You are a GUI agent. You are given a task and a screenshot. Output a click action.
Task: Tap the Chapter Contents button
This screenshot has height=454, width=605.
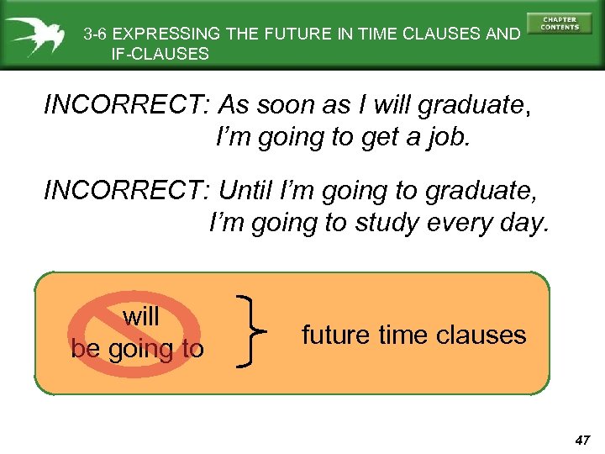pos(560,23)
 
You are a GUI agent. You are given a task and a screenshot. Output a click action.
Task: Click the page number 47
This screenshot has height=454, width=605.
pos(583,439)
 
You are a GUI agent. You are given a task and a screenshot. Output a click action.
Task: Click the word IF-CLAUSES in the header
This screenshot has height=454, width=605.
pos(160,54)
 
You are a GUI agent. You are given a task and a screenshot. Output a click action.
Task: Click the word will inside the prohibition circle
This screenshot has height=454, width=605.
pos(139,317)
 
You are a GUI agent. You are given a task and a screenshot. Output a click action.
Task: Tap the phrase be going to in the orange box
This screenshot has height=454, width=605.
pos(137,348)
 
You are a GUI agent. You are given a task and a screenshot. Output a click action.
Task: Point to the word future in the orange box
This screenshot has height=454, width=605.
pos(335,335)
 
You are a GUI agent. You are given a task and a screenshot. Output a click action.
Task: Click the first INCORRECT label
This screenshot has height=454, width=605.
pos(125,107)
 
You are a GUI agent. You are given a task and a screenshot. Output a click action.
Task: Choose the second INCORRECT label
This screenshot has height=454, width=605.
pos(125,192)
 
